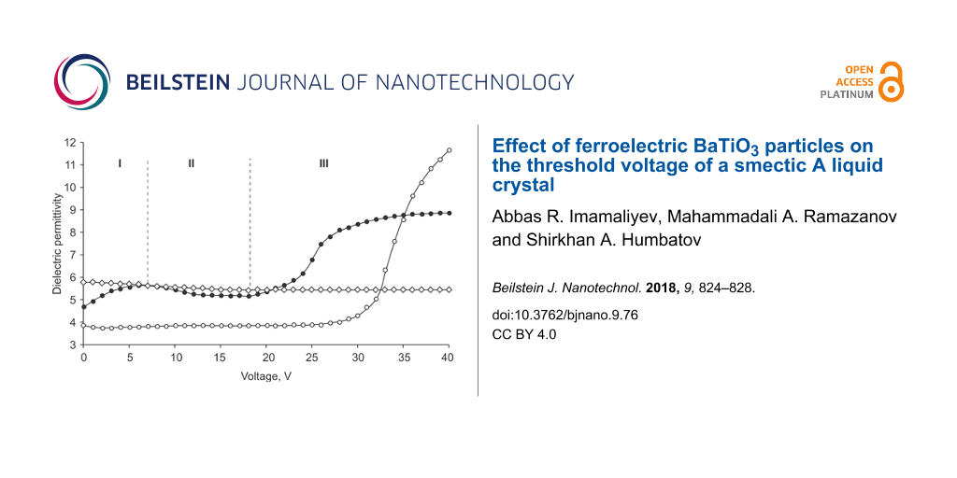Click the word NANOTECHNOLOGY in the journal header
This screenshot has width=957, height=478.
475,82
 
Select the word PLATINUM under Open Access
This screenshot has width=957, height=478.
847,94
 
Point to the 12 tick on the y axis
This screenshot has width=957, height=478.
69,143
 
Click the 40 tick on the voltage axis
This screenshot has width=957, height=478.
449,358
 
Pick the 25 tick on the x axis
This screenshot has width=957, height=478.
311,358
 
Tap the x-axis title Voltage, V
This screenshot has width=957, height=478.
266,376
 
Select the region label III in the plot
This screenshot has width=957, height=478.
323,163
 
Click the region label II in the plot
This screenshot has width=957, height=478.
191,163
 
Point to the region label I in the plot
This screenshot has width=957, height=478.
120,163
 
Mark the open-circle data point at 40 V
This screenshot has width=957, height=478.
450,150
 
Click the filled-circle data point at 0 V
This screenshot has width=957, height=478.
84,306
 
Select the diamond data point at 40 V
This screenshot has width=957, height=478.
450,289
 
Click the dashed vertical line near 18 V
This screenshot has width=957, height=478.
250,224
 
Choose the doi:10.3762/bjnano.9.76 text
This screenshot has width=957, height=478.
564,316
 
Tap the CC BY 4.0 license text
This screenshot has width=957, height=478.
523,333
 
